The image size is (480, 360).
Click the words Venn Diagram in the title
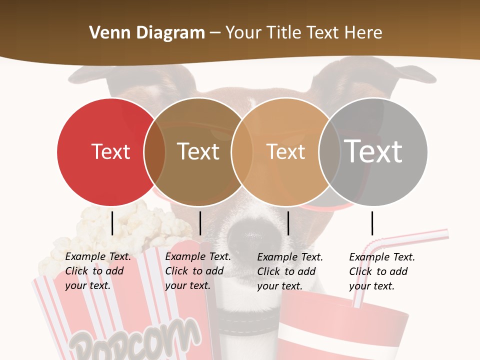click(x=147, y=33)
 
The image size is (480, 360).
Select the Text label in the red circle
click(x=110, y=151)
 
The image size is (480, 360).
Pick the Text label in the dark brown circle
click(x=198, y=151)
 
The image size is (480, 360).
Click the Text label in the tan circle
click(x=285, y=151)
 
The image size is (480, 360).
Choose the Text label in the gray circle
click(x=373, y=151)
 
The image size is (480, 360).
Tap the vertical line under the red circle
click(x=112, y=223)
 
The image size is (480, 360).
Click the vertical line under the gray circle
click(x=372, y=223)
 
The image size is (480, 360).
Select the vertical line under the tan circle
click(x=288, y=223)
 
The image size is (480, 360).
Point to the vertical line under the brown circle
click(x=200, y=223)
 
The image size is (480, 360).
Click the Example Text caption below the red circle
click(x=97, y=271)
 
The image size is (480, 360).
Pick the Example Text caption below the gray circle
click(x=381, y=271)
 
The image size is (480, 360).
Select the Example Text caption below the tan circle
click(x=289, y=271)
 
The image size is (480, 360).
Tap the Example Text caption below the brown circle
click(x=197, y=271)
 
